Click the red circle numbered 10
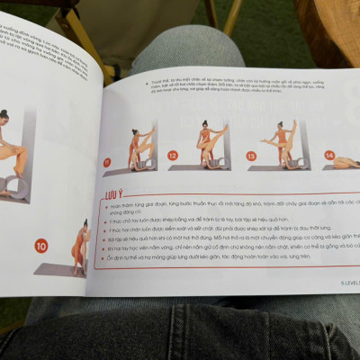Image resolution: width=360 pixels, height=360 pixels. click(x=40, y=246)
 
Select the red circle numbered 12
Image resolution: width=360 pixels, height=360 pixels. click(x=173, y=156)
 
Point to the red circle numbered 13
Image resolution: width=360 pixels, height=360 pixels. click(x=252, y=155)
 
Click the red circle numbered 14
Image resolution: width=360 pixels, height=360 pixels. click(x=329, y=155)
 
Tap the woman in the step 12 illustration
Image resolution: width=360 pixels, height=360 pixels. click(x=208, y=141)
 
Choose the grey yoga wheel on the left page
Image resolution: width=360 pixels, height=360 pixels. click(x=17, y=184)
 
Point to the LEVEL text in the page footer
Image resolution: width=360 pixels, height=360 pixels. click(x=348, y=282)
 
